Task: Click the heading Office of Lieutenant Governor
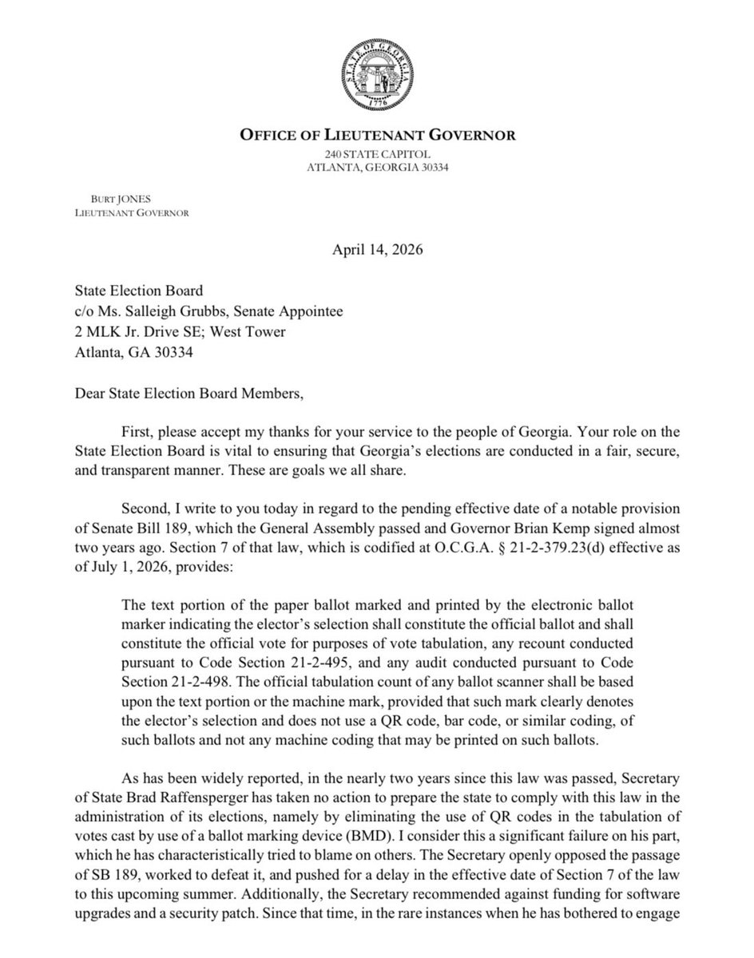377,135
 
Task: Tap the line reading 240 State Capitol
377,153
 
